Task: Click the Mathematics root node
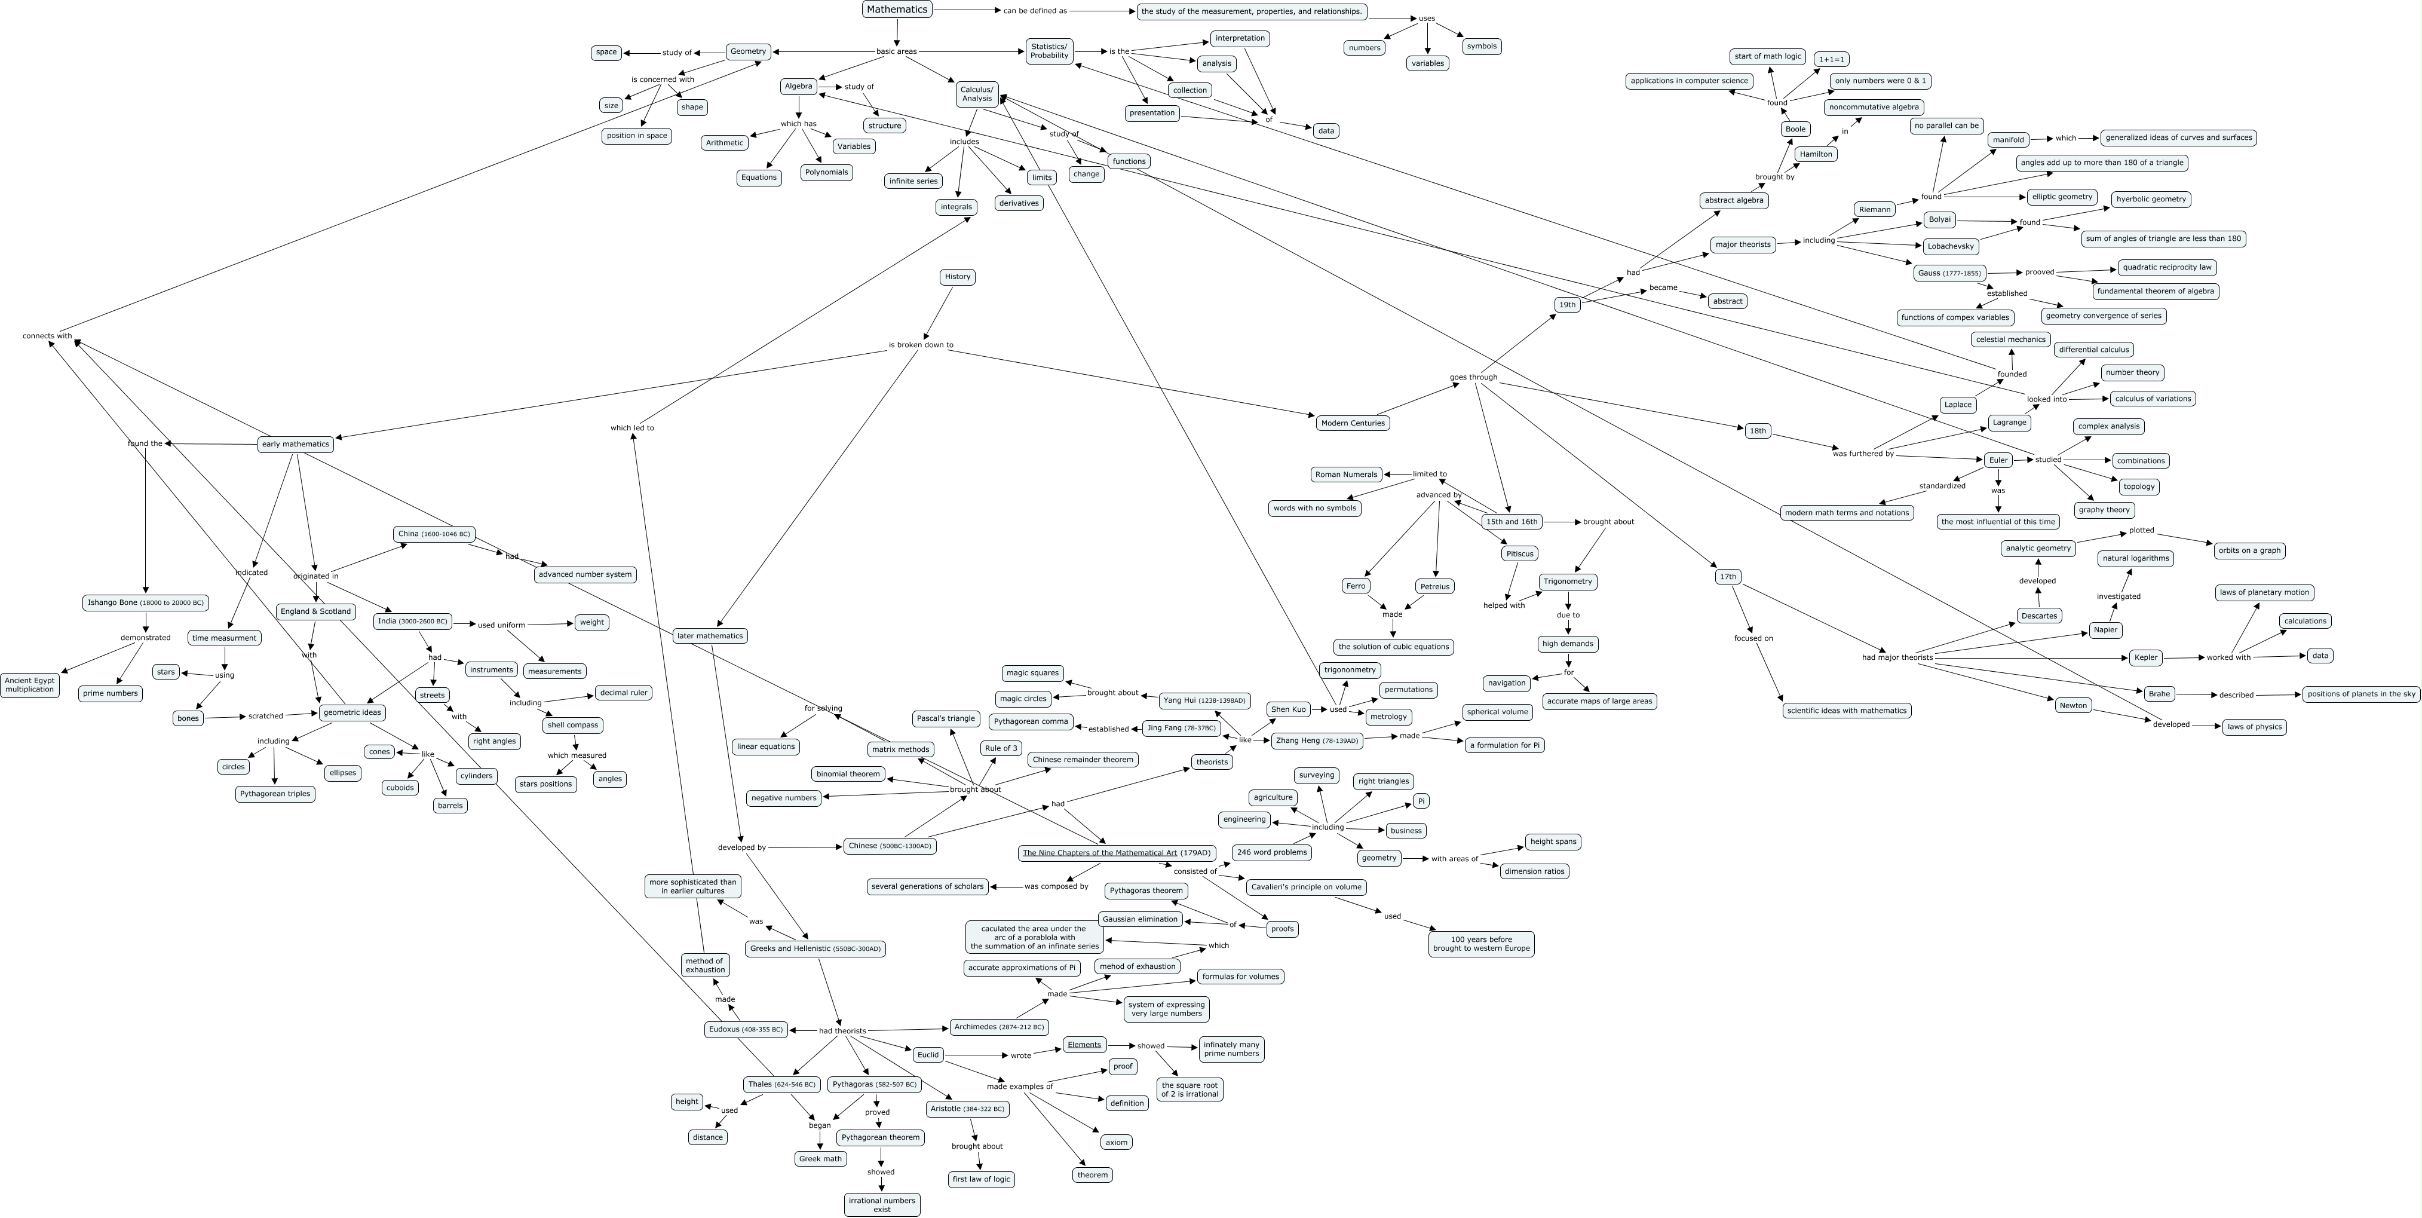(x=897, y=10)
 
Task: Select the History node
(x=957, y=277)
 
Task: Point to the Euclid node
(x=928, y=1054)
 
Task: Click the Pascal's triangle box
(x=945, y=718)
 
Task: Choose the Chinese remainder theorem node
(x=1083, y=759)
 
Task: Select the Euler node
(x=1998, y=460)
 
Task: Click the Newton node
(x=2073, y=705)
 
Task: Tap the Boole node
(x=1795, y=129)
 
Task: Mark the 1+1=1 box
(x=1832, y=59)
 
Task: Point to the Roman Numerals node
(x=1347, y=474)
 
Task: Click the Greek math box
(x=820, y=1159)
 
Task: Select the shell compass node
(x=572, y=725)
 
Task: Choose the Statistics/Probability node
(x=1049, y=51)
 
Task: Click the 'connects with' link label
(x=47, y=336)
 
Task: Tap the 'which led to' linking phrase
(x=632, y=428)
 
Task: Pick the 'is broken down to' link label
(x=921, y=345)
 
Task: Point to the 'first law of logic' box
(x=980, y=1179)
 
